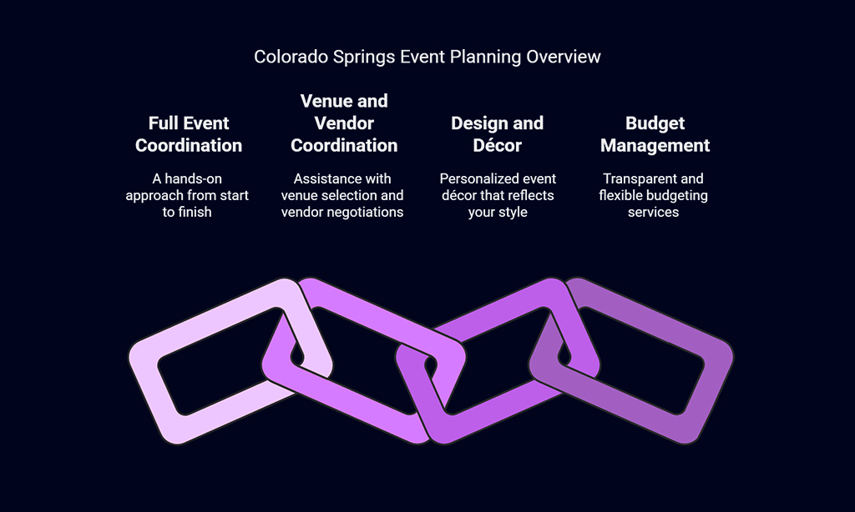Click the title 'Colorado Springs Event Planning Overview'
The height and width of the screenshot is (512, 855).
coord(427,58)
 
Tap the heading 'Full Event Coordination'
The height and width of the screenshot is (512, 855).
coord(189,134)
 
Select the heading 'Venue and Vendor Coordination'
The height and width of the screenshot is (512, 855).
coord(344,123)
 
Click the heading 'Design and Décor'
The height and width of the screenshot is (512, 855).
coord(498,134)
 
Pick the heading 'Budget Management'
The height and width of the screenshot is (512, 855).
coord(655,134)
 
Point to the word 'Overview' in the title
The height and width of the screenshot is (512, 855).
coord(564,57)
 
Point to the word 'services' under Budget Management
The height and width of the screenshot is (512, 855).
coord(653,213)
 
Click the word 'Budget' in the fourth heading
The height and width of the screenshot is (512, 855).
coord(655,123)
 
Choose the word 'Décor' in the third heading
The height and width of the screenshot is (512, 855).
coord(498,145)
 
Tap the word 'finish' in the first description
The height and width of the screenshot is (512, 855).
coord(195,213)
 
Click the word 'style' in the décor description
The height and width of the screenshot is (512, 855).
coord(512,213)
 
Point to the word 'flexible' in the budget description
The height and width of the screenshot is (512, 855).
coord(620,195)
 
